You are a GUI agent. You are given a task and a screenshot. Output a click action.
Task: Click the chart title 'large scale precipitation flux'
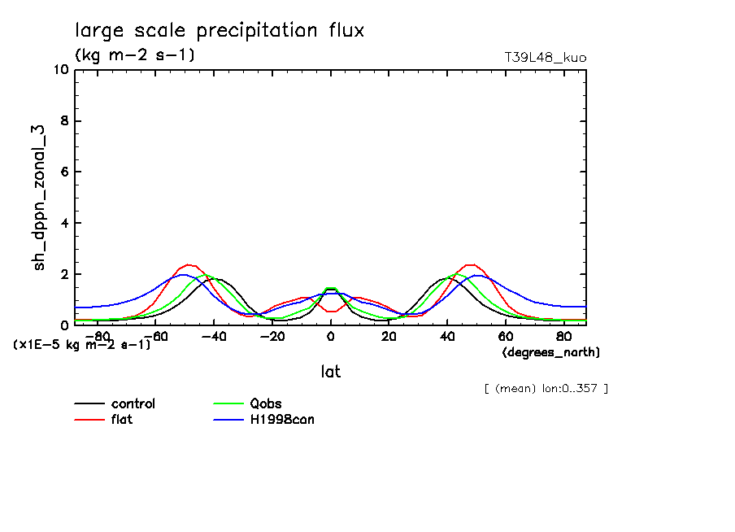(x=220, y=31)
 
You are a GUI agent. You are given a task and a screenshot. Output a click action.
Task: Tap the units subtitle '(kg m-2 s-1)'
(x=134, y=55)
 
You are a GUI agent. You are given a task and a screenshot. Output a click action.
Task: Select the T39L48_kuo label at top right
(x=546, y=58)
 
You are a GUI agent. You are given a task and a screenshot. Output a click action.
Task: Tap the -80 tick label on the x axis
(x=97, y=336)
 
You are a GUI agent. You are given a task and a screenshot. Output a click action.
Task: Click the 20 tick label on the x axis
(x=389, y=336)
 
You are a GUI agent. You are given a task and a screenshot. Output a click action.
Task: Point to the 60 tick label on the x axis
(x=505, y=336)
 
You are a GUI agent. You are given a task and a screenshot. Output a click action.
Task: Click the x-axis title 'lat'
(x=330, y=372)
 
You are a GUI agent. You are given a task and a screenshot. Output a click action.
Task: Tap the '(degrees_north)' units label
(x=551, y=352)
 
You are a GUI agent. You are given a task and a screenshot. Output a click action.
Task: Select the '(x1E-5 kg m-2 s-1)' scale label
(x=81, y=345)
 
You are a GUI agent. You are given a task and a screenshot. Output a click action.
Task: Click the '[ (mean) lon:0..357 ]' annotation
(x=546, y=388)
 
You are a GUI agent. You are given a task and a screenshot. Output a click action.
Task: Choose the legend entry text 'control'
(x=133, y=403)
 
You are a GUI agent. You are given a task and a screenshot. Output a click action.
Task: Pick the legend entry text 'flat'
(x=122, y=420)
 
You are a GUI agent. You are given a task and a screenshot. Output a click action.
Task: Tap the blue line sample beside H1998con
(x=228, y=420)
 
